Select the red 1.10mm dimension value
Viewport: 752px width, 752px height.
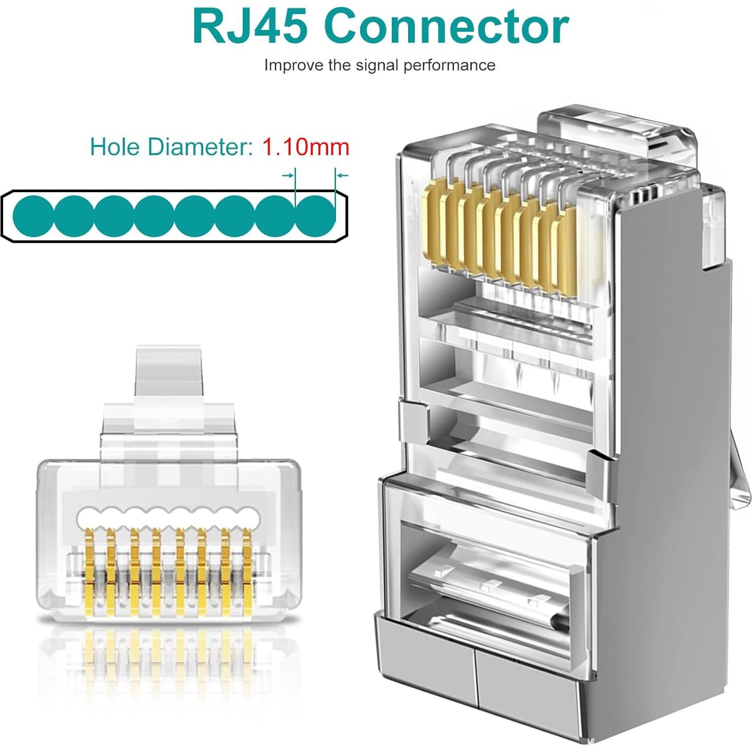click(x=305, y=146)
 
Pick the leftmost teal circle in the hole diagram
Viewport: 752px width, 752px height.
click(x=33, y=216)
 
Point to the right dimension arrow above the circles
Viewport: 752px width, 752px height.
click(x=342, y=175)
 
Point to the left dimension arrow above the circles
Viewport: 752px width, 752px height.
click(x=288, y=175)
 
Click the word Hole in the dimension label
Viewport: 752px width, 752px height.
click(x=116, y=146)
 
